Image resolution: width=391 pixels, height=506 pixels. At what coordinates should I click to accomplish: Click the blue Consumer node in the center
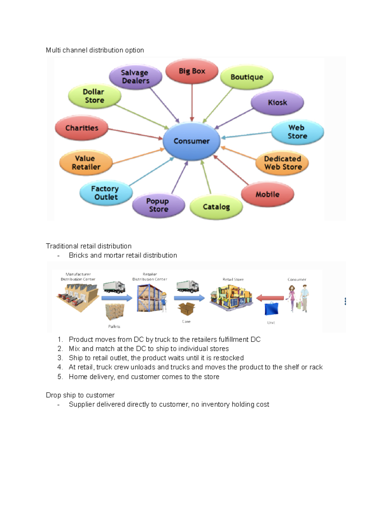(x=192, y=141)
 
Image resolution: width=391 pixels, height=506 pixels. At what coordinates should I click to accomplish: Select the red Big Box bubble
(x=192, y=71)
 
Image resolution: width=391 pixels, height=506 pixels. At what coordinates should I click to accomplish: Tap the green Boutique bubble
(x=247, y=77)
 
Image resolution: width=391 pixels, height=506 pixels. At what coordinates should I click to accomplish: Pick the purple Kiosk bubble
(x=277, y=103)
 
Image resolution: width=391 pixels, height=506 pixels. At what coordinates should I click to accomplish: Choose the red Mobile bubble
(x=268, y=194)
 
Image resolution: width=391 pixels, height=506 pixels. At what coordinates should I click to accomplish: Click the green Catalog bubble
(x=216, y=207)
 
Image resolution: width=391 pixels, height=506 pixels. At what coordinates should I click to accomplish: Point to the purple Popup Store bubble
(x=158, y=205)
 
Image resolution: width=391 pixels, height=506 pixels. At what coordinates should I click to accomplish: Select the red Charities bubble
(x=81, y=128)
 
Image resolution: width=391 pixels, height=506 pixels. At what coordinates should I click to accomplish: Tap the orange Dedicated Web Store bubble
(x=282, y=163)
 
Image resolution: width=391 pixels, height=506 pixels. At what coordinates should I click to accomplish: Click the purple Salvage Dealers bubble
(x=135, y=77)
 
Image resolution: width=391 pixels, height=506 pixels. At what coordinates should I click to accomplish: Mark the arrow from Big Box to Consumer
(x=192, y=103)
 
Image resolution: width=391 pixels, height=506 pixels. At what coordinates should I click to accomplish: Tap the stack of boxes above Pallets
(x=115, y=312)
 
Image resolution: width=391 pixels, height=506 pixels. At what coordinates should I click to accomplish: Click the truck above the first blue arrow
(x=114, y=287)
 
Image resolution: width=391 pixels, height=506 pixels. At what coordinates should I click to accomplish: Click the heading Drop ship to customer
(x=80, y=395)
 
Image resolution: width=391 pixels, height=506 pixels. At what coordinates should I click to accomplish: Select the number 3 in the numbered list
(x=60, y=358)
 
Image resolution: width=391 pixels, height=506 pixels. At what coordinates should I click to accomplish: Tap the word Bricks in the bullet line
(x=79, y=255)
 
